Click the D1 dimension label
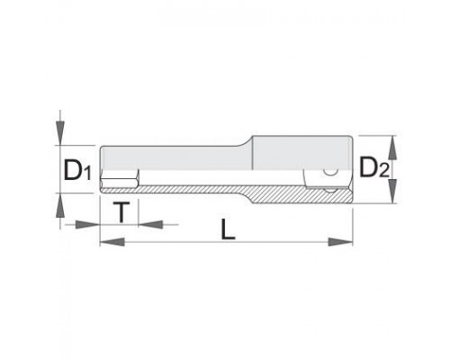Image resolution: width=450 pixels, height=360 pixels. click(x=77, y=171)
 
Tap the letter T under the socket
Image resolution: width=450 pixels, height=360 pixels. click(x=121, y=212)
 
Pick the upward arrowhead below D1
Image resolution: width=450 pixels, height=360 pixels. click(x=60, y=205)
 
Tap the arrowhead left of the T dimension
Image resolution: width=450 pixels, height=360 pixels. click(x=87, y=224)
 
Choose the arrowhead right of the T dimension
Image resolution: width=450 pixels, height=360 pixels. click(x=150, y=224)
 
